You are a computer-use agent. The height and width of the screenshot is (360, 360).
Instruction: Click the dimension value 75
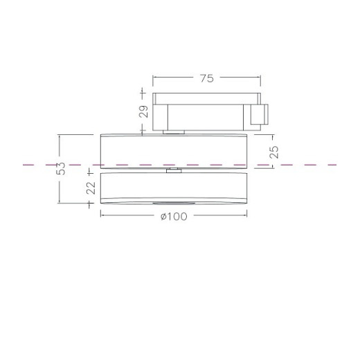click(206, 79)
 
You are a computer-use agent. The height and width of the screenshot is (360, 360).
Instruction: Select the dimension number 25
click(274, 153)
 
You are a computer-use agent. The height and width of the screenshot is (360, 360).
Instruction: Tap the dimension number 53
click(61, 168)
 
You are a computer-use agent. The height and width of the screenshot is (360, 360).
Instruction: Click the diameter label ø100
click(174, 216)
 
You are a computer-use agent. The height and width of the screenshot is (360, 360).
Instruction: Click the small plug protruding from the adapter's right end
click(262, 116)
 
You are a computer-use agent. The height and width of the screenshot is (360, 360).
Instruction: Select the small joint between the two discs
click(173, 170)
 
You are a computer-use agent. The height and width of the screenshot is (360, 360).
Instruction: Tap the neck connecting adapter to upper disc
click(173, 130)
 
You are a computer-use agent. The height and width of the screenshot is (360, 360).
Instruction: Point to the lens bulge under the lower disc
click(173, 204)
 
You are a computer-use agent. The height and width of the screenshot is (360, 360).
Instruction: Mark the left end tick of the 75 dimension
click(153, 79)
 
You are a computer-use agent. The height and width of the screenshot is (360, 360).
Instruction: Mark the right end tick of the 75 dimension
click(260, 79)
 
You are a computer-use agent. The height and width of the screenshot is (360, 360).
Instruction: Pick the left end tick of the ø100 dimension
click(101, 216)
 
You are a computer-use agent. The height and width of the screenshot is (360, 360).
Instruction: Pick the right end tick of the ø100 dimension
click(246, 216)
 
